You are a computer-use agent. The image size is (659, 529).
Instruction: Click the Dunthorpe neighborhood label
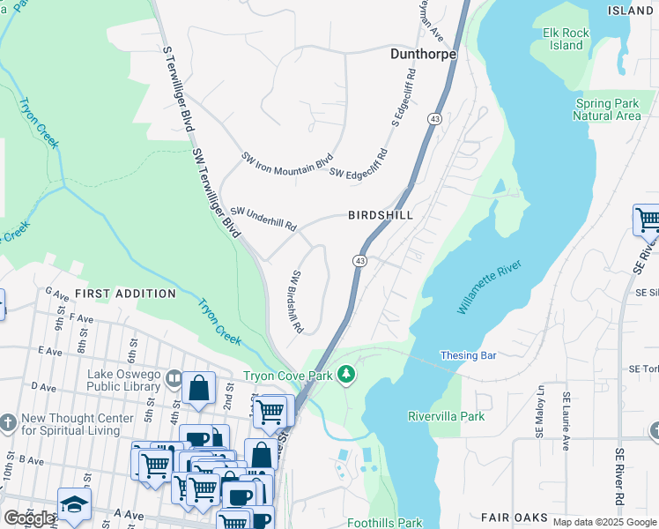(423, 54)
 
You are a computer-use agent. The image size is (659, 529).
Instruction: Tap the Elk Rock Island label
(566, 39)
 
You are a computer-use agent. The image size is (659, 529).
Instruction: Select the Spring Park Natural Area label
(607, 109)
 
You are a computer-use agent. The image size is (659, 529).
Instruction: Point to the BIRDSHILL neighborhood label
(380, 215)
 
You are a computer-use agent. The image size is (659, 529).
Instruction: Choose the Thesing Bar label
(469, 356)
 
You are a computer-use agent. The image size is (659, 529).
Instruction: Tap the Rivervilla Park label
(447, 415)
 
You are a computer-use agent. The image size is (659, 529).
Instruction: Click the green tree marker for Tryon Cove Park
(346, 376)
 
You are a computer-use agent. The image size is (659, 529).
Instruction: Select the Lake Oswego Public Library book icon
(174, 379)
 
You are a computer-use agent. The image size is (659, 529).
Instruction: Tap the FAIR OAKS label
(528, 518)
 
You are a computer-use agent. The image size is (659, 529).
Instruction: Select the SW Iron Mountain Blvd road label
(287, 163)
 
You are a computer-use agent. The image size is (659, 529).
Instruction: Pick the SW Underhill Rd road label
(263, 219)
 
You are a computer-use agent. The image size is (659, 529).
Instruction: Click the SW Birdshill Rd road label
(297, 302)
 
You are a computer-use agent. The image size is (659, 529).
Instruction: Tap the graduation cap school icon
(74, 503)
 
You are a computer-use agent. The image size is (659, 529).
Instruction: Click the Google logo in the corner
(28, 518)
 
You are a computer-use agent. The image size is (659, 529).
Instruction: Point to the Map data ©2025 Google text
(604, 522)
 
